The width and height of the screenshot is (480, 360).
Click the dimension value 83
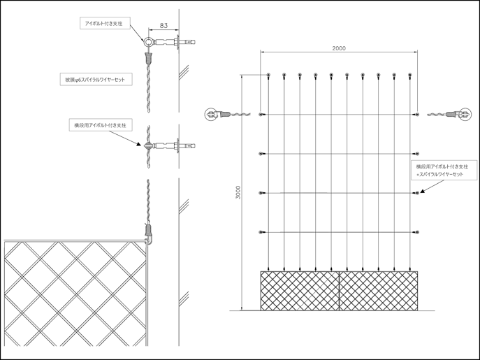(163, 26)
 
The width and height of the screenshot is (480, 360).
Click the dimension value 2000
(339, 48)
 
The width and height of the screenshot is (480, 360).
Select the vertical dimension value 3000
(238, 192)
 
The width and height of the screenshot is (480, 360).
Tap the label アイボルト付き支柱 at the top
(103, 24)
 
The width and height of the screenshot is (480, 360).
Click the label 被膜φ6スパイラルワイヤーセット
(95, 80)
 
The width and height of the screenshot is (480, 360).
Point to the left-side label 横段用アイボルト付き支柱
(100, 125)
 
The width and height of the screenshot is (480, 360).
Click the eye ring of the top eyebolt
(148, 42)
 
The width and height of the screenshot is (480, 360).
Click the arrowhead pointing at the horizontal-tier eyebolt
(139, 144)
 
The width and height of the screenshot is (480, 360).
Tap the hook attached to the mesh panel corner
(149, 239)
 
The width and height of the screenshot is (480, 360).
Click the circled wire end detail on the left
(210, 114)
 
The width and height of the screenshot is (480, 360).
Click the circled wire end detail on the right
(465, 114)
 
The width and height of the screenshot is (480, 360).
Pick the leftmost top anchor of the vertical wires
(268, 75)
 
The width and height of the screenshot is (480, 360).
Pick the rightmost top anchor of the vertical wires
(410, 75)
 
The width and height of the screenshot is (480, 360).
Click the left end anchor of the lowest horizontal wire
(261, 232)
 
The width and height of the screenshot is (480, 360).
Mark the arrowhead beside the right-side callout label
(423, 191)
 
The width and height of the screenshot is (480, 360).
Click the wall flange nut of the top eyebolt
(177, 42)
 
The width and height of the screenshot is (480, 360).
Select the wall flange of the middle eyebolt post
(177, 146)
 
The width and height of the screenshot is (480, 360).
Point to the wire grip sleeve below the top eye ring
(148, 57)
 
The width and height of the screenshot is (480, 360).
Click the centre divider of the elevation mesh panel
(339, 291)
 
